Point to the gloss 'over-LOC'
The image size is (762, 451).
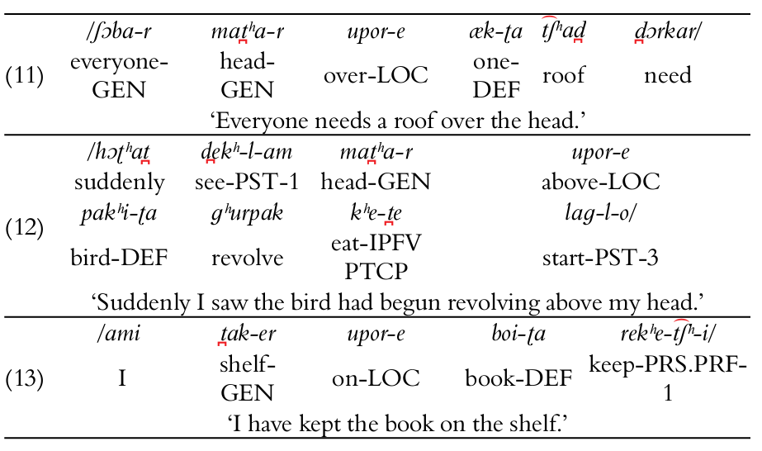point(376,75)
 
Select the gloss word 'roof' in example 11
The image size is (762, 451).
point(563,76)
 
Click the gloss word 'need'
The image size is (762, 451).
point(668,76)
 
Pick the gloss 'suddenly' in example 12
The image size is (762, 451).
point(119,182)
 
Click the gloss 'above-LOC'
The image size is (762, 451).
point(600,182)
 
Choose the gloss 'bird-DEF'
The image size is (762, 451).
point(119,258)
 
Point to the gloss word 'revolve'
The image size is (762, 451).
point(247,258)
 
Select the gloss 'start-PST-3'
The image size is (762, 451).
point(600,258)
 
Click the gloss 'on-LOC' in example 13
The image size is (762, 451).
point(376,378)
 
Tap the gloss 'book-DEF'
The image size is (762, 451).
point(518,378)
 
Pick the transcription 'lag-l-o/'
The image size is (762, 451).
point(600,213)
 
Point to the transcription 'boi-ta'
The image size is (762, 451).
point(518,335)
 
